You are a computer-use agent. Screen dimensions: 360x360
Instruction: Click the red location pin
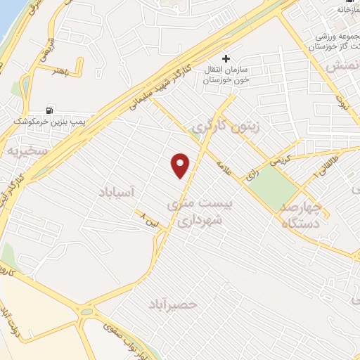[x=181, y=165]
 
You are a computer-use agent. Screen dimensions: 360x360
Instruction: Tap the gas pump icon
[x=49, y=110]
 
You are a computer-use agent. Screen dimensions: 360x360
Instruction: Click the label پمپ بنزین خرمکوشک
[x=48, y=122]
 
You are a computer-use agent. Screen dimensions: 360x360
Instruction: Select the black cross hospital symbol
[x=226, y=58]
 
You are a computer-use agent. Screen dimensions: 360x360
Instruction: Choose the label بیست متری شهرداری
[x=193, y=212]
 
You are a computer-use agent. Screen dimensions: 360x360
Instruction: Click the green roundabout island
[x=86, y=310]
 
